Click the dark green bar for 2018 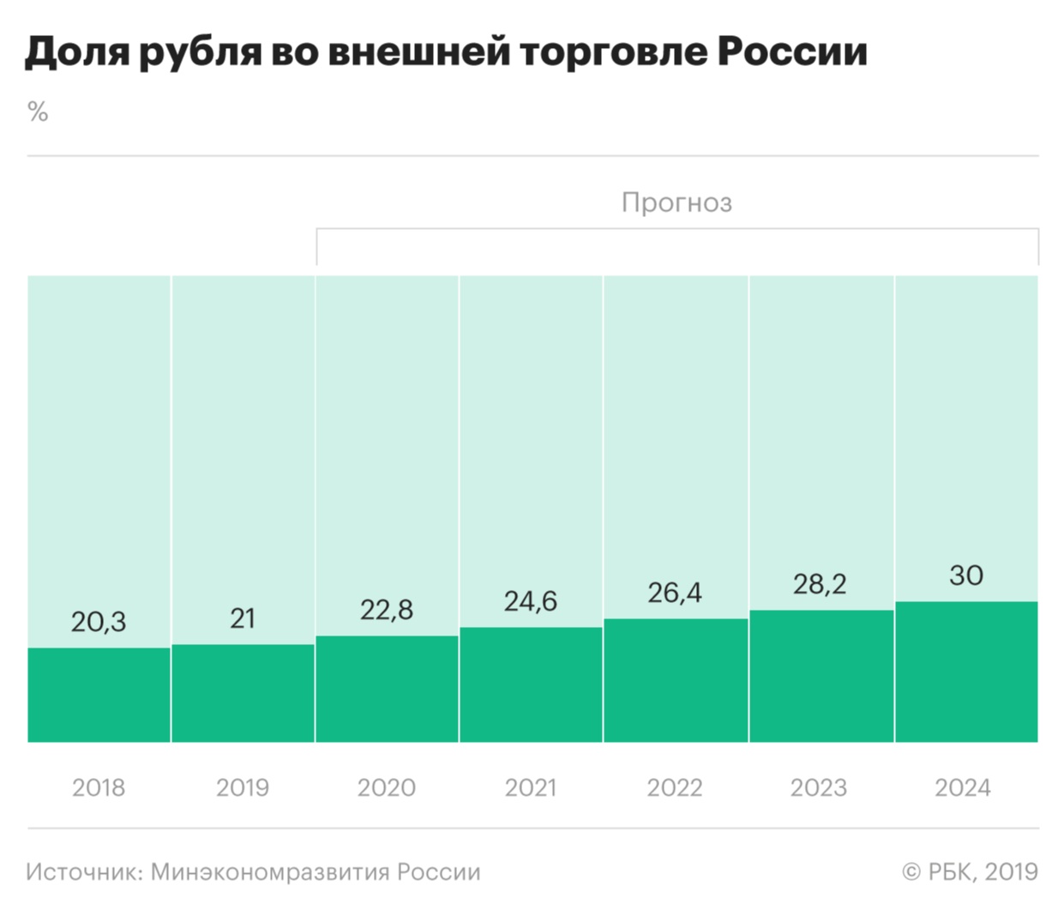tap(99, 695)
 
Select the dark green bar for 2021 tap(531, 684)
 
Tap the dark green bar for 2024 tap(966, 672)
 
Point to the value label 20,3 tap(99, 621)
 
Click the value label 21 tap(243, 618)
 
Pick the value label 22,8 tap(387, 609)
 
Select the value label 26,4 tap(675, 592)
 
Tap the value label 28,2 tap(820, 583)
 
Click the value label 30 tap(966, 575)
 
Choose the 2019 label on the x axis tap(243, 787)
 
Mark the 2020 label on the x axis tap(387, 787)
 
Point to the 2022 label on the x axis tap(675, 787)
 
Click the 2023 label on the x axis tap(819, 787)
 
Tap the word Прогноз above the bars tap(676, 202)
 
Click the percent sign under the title tap(38, 111)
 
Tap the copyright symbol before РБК tap(911, 872)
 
